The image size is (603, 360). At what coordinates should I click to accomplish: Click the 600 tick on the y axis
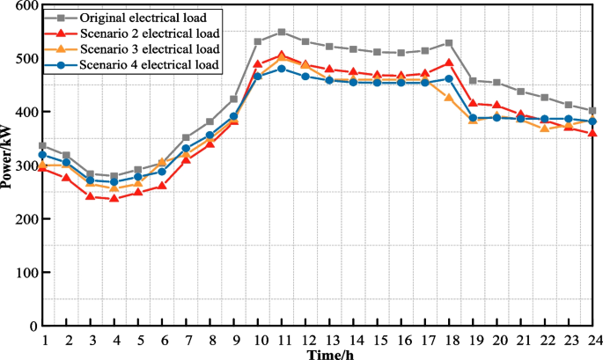(x=27, y=6)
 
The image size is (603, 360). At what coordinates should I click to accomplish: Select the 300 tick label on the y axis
(x=27, y=166)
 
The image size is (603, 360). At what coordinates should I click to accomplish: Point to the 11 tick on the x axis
(x=282, y=339)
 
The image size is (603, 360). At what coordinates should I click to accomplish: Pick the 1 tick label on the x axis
(x=42, y=339)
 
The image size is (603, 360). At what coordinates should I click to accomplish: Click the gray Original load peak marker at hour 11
(x=282, y=32)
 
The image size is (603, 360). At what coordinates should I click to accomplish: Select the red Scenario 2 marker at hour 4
(x=114, y=198)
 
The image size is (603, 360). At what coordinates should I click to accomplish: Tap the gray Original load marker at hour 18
(x=449, y=42)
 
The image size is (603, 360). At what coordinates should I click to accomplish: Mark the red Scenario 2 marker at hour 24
(x=592, y=133)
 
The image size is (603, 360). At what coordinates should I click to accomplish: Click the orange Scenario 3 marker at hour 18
(x=449, y=98)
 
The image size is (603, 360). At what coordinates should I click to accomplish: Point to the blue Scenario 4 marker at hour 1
(x=42, y=155)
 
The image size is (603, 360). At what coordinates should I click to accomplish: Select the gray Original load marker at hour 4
(x=114, y=176)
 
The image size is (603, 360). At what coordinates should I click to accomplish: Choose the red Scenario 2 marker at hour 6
(x=162, y=186)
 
